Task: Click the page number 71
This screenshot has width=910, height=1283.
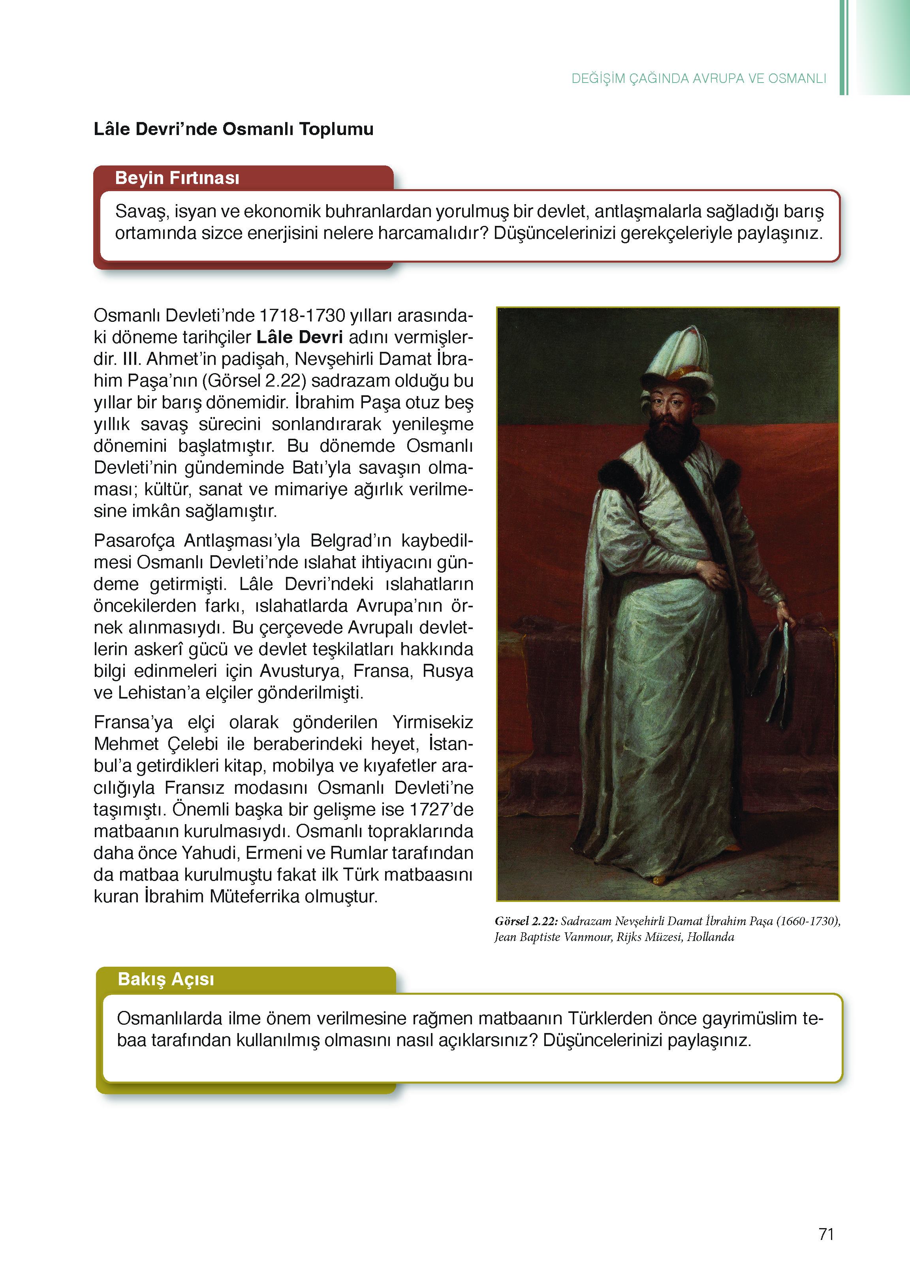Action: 826,1234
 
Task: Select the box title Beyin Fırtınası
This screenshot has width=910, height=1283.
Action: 177,178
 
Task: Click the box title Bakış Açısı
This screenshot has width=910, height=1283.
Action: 166,979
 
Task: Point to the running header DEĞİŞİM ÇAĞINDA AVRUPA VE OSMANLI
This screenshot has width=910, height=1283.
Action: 698,79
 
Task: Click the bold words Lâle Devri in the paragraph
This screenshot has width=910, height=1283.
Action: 299,337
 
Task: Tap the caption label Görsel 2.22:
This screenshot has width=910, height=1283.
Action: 526,921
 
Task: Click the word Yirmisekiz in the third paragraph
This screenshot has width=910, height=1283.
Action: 432,722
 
